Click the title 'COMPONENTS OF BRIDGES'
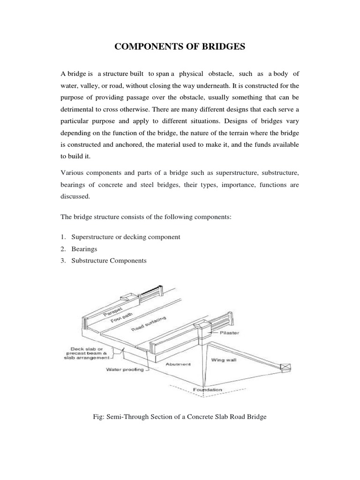180,47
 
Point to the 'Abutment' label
179,364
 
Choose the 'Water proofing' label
121,369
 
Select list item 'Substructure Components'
109,261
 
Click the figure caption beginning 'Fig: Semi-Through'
180,416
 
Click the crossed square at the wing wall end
284,367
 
